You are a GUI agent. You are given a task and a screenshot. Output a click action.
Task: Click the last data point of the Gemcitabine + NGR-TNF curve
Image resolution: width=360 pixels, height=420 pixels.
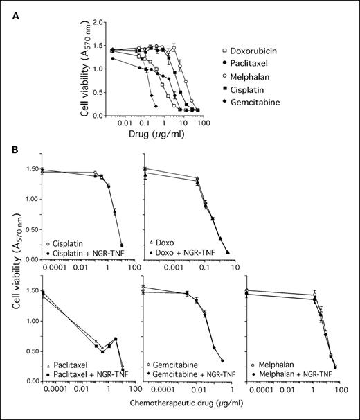(x=222, y=360)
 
